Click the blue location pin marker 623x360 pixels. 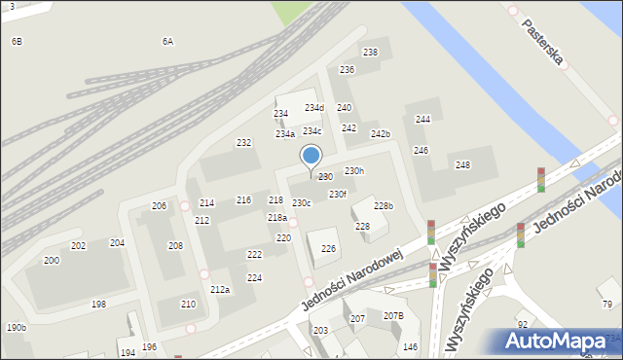[x=311, y=157]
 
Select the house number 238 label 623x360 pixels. [x=370, y=53]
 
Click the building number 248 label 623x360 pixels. [x=462, y=165]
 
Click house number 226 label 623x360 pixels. [x=329, y=249]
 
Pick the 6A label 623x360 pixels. [x=167, y=42]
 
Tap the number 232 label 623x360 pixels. [x=243, y=143]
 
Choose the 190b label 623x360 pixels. [x=16, y=328]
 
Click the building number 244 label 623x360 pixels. [x=422, y=120]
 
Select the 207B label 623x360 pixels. [x=393, y=316]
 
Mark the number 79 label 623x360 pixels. [x=607, y=305]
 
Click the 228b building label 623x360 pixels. [x=384, y=206]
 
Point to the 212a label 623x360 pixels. [x=220, y=290]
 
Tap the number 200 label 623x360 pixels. [x=51, y=261]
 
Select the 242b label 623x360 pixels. [x=380, y=134]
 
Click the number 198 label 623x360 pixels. [x=98, y=305]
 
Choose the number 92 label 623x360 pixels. [x=523, y=324]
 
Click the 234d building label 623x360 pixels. [x=313, y=108]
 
